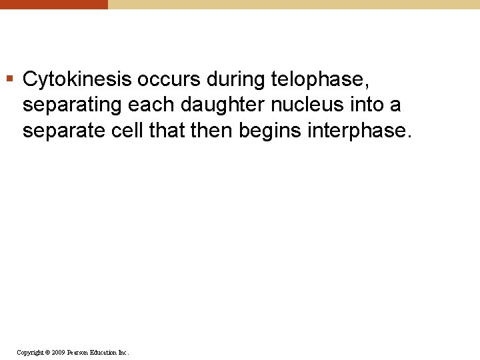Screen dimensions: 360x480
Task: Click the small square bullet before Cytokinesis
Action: point(9,80)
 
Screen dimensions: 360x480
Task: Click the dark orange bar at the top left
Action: point(53,4)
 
